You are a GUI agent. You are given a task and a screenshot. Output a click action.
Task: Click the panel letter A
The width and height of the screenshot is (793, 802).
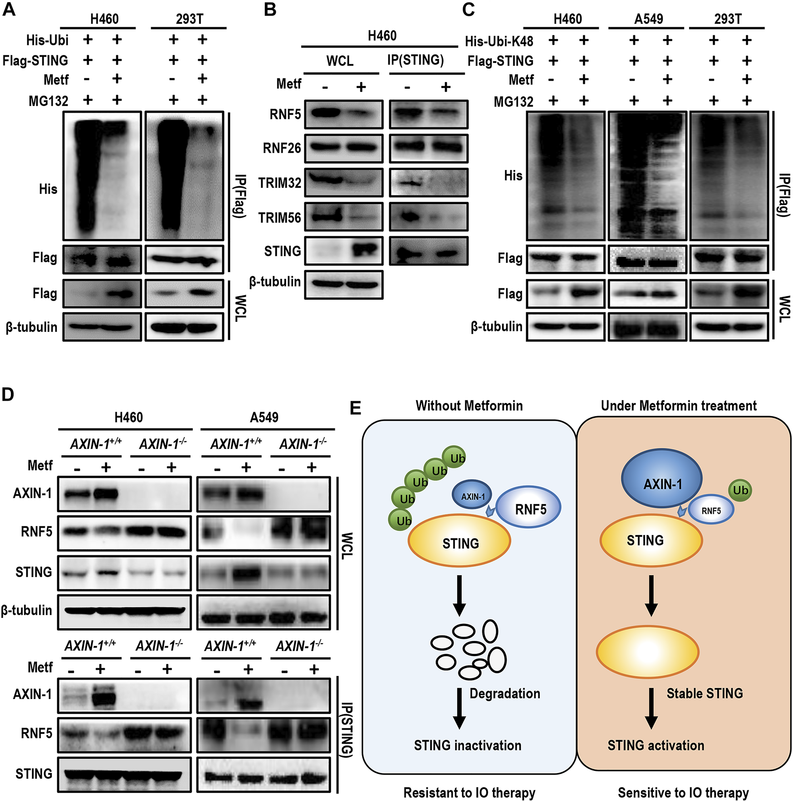(9, 9)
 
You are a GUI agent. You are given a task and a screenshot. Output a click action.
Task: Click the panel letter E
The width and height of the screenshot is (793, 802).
(356, 408)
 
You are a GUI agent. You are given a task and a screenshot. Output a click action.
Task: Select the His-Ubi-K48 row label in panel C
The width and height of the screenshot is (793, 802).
(499, 41)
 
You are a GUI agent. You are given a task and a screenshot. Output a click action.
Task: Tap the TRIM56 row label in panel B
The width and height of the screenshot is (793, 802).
(279, 218)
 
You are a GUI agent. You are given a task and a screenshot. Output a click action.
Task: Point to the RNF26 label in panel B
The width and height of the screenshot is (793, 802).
(282, 148)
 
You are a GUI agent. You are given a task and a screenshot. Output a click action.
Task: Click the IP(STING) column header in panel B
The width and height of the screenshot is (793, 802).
(416, 60)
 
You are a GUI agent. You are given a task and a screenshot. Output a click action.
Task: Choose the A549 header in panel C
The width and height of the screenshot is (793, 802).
(648, 19)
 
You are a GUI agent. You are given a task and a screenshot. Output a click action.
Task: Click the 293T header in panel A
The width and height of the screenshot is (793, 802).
(189, 19)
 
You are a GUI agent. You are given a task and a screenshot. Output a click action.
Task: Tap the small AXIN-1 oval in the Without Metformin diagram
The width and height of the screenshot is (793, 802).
(472, 495)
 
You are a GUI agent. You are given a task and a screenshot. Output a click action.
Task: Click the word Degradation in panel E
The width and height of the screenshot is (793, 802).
(504, 694)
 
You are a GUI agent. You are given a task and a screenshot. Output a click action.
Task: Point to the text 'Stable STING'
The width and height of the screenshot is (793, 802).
(705, 693)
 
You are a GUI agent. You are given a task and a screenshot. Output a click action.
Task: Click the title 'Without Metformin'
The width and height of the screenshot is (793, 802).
(469, 405)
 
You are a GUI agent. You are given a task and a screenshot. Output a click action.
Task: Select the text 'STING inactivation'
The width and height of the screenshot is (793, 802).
(467, 745)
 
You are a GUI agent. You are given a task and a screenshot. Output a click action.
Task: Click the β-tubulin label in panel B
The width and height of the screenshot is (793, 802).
(275, 282)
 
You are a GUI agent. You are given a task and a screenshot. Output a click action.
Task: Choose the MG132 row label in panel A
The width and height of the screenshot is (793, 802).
(48, 101)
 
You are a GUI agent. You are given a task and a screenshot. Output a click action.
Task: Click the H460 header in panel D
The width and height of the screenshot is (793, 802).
(128, 417)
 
